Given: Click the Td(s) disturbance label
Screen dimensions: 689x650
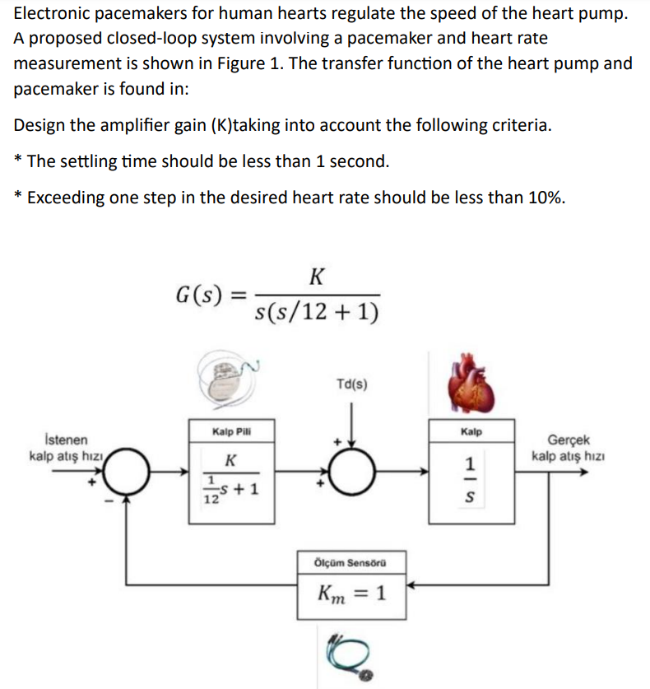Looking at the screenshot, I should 352,384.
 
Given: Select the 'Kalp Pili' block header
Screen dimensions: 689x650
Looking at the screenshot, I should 231,431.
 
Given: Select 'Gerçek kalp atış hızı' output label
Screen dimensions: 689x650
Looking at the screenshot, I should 567,449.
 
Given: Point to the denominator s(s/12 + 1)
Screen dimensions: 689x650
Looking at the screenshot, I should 317,312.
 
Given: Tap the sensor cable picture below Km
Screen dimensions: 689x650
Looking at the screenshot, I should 350,654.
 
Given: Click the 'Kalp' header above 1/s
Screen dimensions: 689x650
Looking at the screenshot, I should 471,431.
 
